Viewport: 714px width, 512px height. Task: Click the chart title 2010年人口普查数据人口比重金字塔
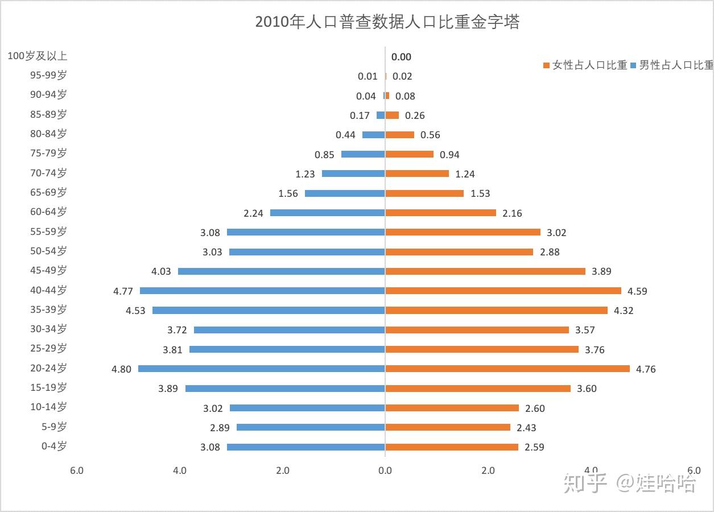click(387, 22)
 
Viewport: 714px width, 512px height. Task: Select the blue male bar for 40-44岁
click(262, 291)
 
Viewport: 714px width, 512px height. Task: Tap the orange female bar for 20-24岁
click(507, 369)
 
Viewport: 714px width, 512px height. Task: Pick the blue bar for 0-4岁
click(306, 447)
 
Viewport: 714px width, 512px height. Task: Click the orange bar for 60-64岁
click(441, 213)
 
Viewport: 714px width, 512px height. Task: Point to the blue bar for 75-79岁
click(363, 154)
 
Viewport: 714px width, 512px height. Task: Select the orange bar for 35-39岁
click(497, 311)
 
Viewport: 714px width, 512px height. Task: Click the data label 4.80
click(121, 369)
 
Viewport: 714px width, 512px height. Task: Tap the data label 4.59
click(637, 291)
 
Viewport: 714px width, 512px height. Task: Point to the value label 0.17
click(360, 115)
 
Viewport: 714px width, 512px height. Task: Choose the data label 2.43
click(526, 428)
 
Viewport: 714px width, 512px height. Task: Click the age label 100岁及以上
click(38, 56)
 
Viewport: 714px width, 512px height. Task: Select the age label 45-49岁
click(48, 270)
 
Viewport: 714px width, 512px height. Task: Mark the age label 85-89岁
click(48, 114)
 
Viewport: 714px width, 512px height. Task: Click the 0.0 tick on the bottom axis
click(385, 470)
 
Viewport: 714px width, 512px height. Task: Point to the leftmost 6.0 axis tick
click(76, 470)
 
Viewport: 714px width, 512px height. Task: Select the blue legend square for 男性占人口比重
click(634, 65)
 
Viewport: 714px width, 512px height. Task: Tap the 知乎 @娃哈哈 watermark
click(629, 484)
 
